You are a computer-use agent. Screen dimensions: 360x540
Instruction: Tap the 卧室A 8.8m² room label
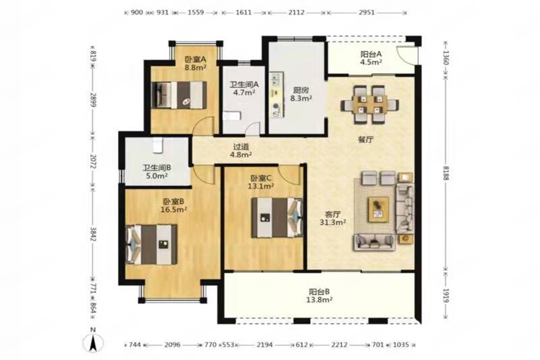coord(195,63)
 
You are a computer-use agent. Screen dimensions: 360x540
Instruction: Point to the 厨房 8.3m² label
coord(301,94)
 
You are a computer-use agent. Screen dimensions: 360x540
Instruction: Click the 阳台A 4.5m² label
coord(371,58)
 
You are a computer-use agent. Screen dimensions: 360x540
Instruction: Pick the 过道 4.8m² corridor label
coord(241,151)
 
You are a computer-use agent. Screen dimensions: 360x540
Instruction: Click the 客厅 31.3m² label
coord(333,218)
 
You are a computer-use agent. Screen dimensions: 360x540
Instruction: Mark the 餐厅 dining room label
coord(365,140)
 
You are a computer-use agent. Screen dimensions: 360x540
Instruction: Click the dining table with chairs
coord(370,104)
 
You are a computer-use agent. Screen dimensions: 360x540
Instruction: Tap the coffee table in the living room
coord(378,209)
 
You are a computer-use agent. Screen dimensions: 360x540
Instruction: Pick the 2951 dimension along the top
coord(366,13)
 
